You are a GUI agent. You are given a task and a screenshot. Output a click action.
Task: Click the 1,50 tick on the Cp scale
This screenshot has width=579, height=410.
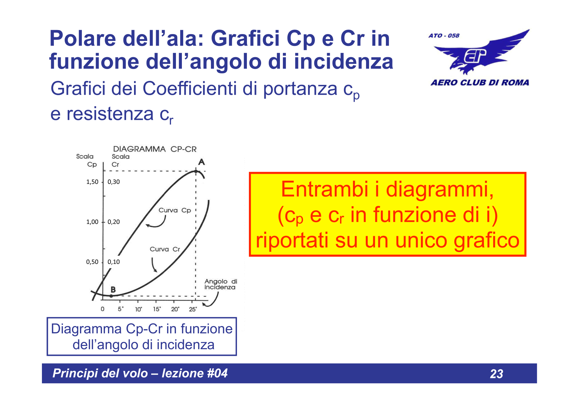92,182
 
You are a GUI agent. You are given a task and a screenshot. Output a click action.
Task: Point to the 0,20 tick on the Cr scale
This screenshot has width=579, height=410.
114,222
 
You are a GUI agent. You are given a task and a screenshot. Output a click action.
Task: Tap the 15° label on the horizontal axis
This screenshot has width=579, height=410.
156,309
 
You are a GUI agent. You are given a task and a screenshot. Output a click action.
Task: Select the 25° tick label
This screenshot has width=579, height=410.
193,309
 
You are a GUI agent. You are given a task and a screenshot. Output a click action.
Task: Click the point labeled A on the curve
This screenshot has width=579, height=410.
196,171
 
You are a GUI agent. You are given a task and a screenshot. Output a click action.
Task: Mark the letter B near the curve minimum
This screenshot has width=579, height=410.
113,289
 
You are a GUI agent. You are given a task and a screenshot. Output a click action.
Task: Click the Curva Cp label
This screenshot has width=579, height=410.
175,210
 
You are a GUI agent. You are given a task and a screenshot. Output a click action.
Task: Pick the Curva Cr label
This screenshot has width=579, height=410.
165,249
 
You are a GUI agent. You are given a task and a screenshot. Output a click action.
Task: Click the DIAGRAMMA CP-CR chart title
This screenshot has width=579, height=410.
154,149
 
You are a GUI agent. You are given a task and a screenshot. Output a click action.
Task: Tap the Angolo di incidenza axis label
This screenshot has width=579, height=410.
221,284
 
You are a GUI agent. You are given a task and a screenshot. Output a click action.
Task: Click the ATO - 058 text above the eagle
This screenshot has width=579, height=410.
444,35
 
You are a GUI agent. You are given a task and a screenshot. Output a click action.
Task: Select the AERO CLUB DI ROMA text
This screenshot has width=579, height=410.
480,83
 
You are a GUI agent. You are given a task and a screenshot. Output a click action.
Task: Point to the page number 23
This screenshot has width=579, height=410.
496,374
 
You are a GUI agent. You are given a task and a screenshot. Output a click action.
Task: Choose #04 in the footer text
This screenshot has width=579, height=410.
217,373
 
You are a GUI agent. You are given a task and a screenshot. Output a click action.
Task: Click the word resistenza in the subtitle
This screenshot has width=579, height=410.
110,114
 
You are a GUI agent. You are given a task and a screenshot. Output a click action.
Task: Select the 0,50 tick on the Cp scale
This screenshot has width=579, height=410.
92,262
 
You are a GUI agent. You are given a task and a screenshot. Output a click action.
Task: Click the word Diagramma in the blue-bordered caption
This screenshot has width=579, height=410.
86,329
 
